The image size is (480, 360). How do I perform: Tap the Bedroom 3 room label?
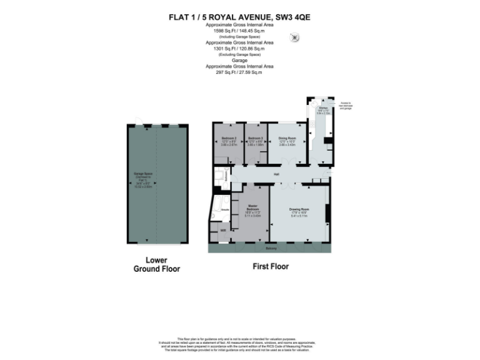coord(254,137)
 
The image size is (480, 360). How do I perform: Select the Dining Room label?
coord(287,137)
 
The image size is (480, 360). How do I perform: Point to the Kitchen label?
coord(322,107)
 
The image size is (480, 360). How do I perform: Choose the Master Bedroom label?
coord(252,207)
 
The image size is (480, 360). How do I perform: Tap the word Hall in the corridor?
coord(275,174)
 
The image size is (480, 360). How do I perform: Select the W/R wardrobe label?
coord(222,231)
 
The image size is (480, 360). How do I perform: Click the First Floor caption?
coord(270,266)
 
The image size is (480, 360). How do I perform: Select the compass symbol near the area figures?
coord(294,37)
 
